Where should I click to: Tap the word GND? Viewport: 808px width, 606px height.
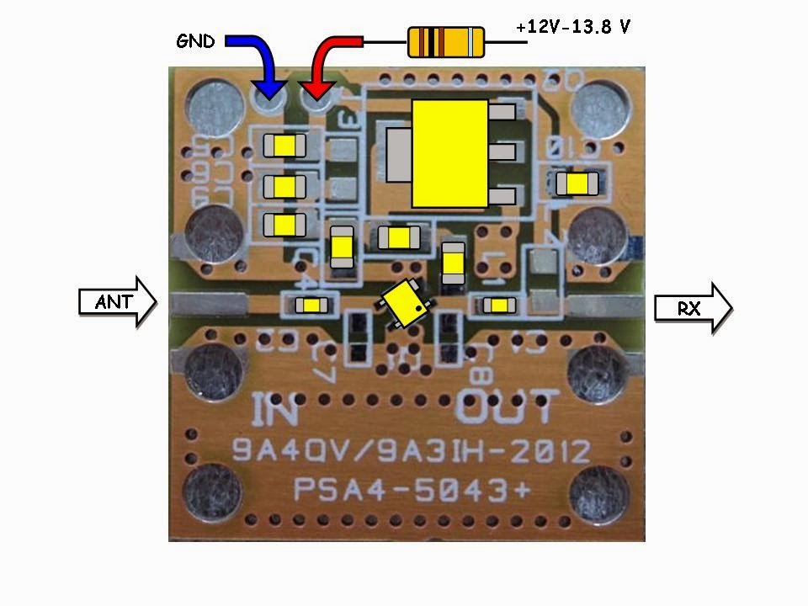[x=195, y=41]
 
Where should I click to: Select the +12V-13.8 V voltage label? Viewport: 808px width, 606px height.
[x=574, y=27]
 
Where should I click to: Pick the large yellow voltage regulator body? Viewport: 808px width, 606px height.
[x=449, y=153]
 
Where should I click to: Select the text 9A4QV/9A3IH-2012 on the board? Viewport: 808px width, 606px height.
[x=411, y=452]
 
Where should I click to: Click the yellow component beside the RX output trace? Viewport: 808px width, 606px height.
[x=501, y=305]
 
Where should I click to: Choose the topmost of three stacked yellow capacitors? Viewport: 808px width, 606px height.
[x=284, y=146]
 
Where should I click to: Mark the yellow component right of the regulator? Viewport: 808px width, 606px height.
[x=577, y=183]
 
